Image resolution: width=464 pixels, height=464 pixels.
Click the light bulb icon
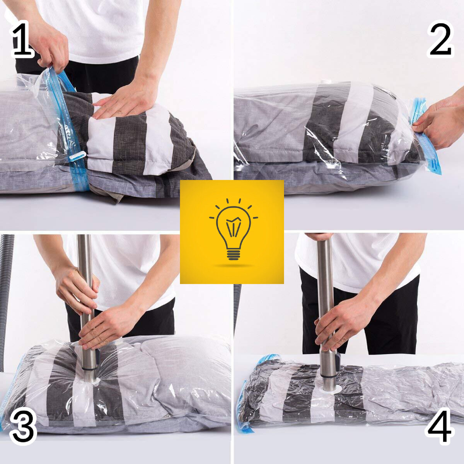tap(233, 233)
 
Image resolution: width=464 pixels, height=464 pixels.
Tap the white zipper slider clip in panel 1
tap(77, 156)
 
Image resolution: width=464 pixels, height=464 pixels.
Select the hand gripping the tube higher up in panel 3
tap(76, 292)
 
